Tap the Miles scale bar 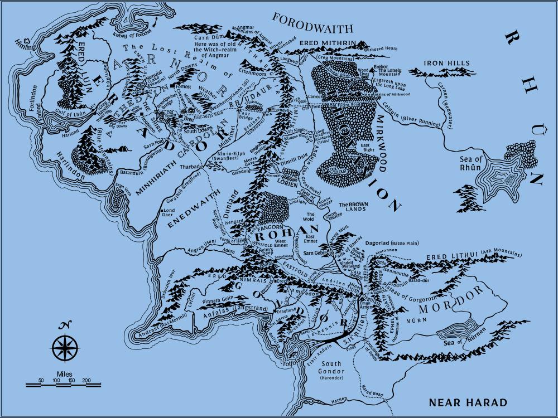[63, 383]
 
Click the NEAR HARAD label [468, 402]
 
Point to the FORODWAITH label [312, 23]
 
